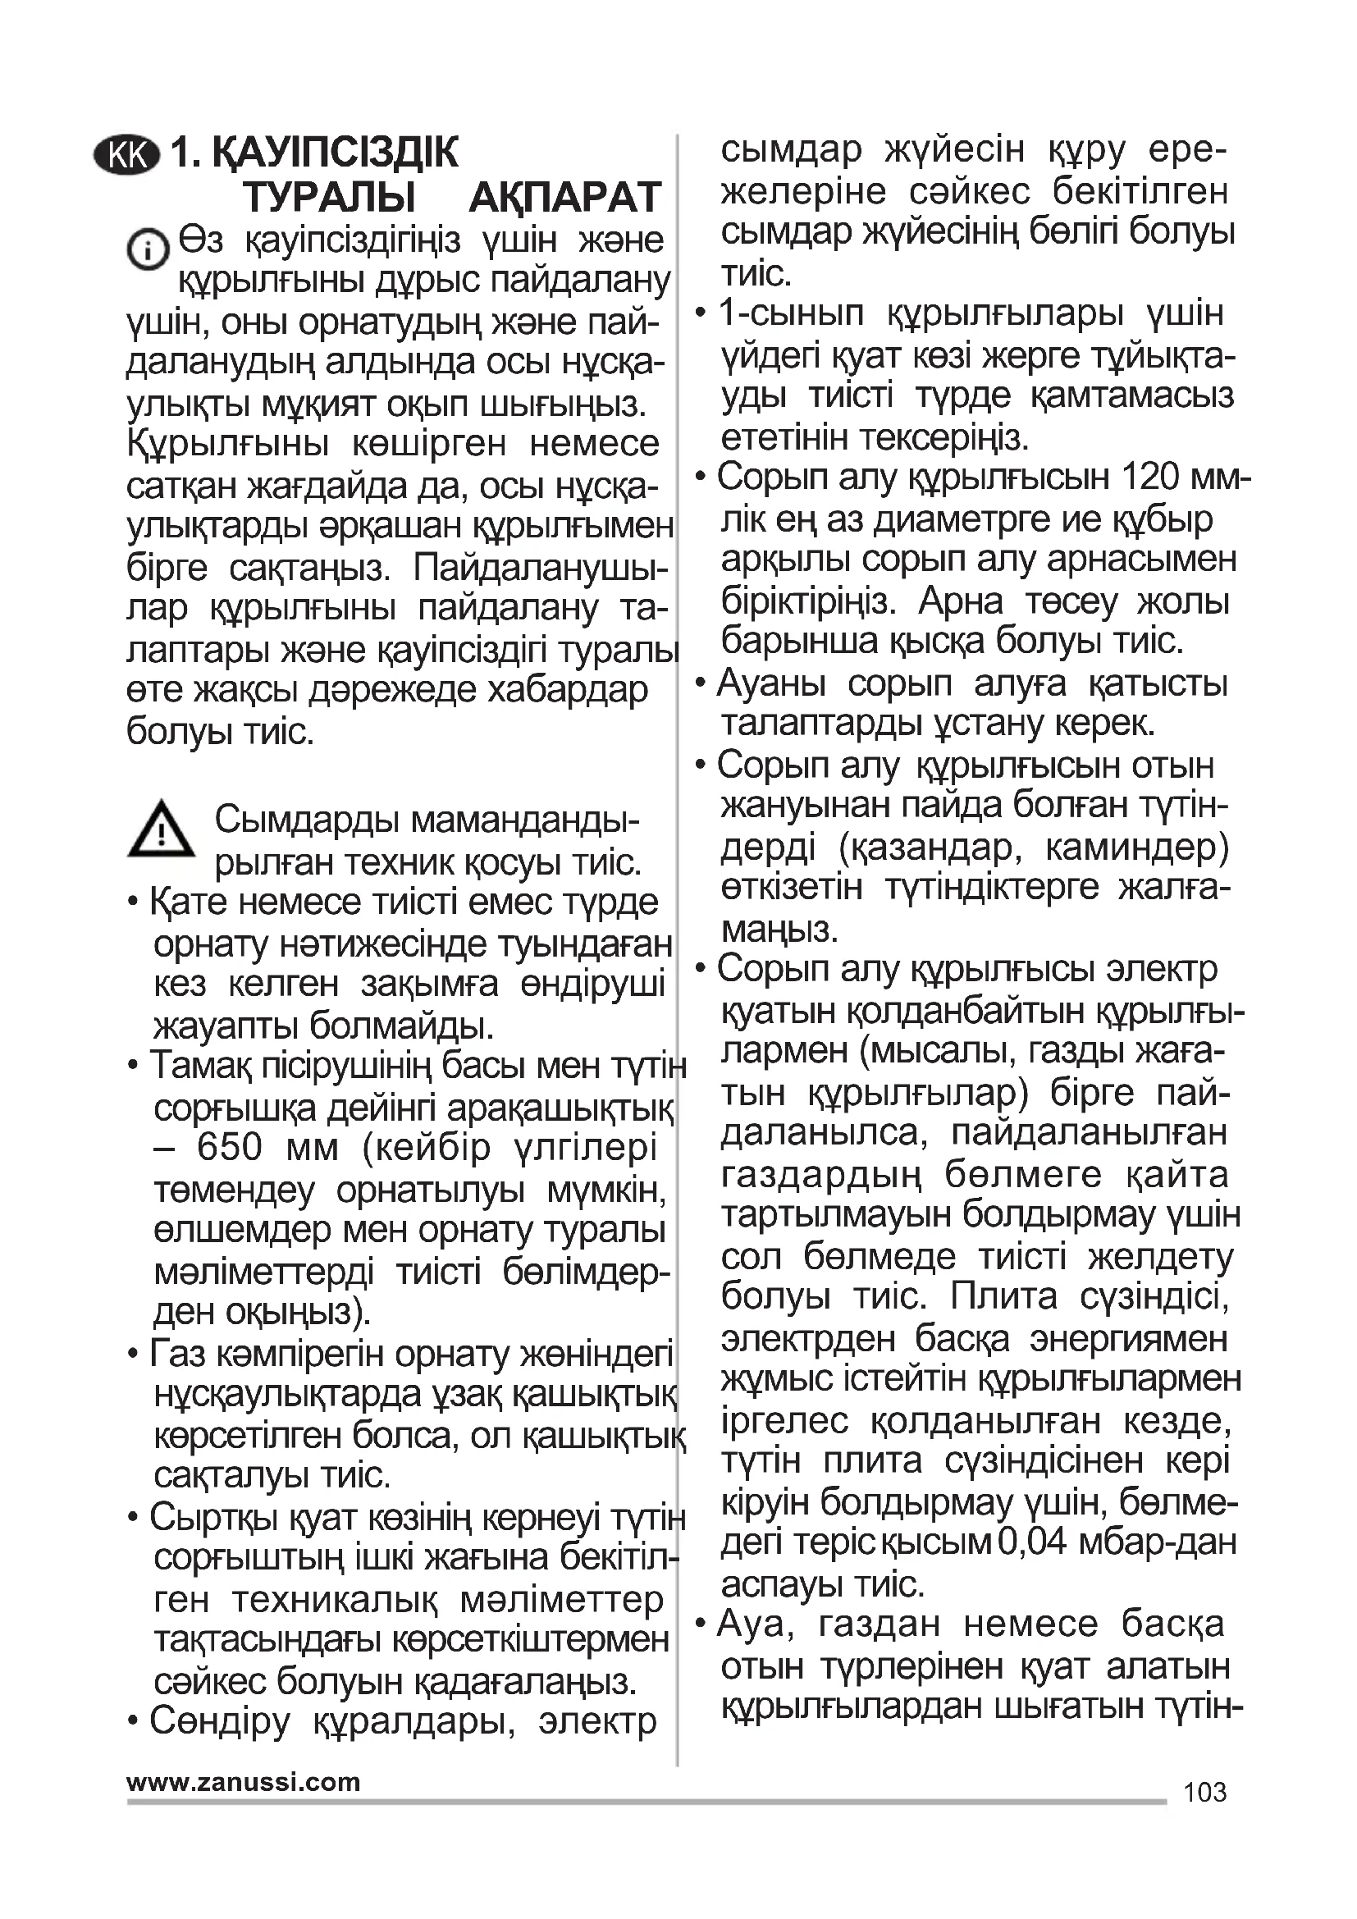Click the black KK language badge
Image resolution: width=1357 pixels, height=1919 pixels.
click(126, 154)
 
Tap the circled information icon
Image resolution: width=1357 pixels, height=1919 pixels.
click(147, 249)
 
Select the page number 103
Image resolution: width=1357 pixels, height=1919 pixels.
click(1205, 1792)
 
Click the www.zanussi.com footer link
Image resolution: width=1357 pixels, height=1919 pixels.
click(243, 1782)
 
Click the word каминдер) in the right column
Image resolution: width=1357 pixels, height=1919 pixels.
click(1137, 848)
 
